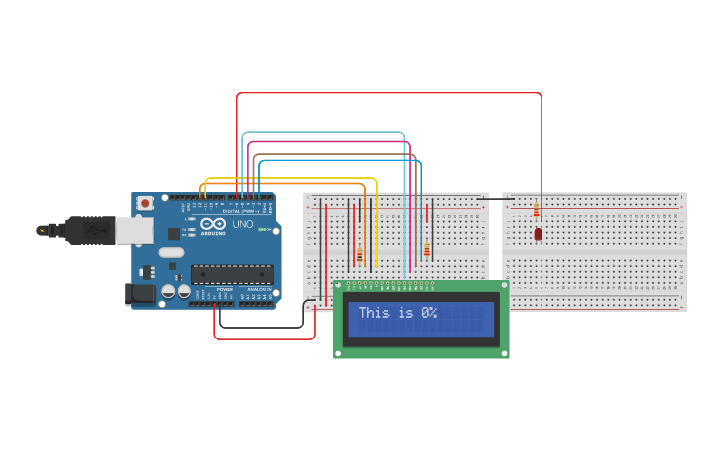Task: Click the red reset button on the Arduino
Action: pyautogui.click(x=145, y=203)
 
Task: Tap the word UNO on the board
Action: pyautogui.click(x=242, y=224)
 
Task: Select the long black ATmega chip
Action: pyautogui.click(x=231, y=273)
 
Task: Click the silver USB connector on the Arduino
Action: pyautogui.click(x=133, y=230)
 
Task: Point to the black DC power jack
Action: pyautogui.click(x=140, y=293)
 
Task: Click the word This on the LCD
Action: pyautogui.click(x=374, y=313)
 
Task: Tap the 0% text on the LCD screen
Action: pyautogui.click(x=429, y=313)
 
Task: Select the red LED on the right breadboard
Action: pyautogui.click(x=538, y=234)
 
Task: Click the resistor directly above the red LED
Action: pyautogui.click(x=536, y=210)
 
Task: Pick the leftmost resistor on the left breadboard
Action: pyautogui.click(x=359, y=256)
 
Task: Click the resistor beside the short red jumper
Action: pyautogui.click(x=426, y=249)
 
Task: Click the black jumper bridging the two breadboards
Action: pyautogui.click(x=496, y=199)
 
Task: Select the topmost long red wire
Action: pyautogui.click(x=389, y=93)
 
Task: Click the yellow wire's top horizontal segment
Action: pyautogui.click(x=289, y=178)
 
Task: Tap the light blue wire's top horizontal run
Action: pyautogui.click(x=324, y=132)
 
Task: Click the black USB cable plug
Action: pyautogui.click(x=90, y=230)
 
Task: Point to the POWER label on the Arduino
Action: pyautogui.click(x=224, y=289)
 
